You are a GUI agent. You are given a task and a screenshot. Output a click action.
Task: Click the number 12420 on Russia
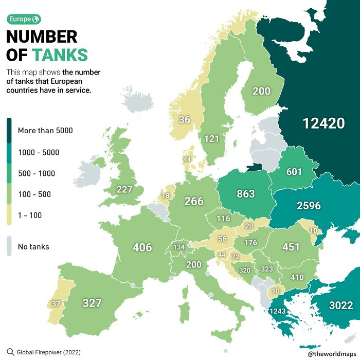point(323,123)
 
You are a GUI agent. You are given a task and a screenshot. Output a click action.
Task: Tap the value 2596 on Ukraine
point(309,206)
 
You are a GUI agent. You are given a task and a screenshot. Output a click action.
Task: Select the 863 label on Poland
point(245,194)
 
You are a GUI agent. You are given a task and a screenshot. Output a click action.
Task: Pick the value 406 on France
point(142,247)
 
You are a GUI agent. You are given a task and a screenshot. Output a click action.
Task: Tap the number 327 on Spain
point(92,303)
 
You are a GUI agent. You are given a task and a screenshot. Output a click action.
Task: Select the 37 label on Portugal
point(56,304)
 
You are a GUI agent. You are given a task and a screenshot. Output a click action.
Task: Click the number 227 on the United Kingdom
point(124,189)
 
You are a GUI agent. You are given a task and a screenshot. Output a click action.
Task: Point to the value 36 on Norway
point(184,120)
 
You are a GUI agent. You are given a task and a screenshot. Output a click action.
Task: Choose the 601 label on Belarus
point(294,172)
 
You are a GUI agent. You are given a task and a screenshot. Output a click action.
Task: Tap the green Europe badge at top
point(24,20)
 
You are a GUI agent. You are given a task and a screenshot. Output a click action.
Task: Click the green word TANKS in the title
point(60,55)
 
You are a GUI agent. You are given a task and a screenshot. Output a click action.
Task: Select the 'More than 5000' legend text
point(45,131)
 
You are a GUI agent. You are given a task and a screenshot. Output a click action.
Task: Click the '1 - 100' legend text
point(30,215)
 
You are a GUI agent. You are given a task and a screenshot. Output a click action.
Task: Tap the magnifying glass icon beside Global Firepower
point(10,352)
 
